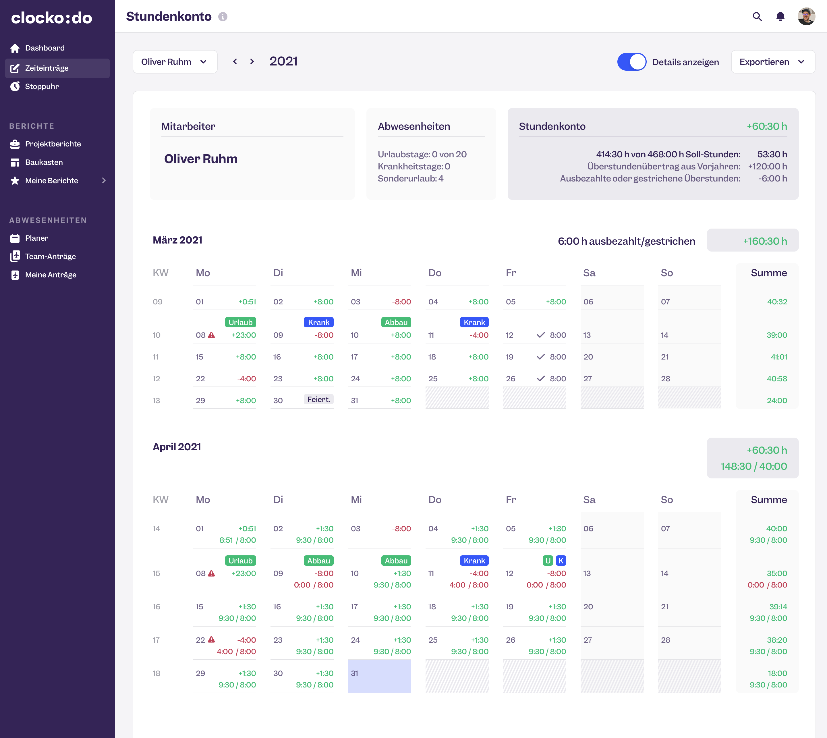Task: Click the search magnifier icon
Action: coord(757,17)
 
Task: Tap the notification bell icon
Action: coord(780,17)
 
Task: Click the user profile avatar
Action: coord(806,17)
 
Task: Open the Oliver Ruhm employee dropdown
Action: coord(175,62)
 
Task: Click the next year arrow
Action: coord(252,62)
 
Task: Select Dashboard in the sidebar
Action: coord(45,48)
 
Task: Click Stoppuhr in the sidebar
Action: coord(42,86)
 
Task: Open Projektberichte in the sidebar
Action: coord(53,144)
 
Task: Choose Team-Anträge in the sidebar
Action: coord(50,256)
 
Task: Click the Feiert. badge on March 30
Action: coord(319,399)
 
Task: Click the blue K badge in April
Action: coord(561,561)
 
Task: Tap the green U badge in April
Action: coord(548,561)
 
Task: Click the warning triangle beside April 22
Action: coord(211,640)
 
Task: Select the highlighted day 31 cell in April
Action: coord(379,676)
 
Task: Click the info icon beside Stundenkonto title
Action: coord(223,17)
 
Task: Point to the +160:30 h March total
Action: coord(765,241)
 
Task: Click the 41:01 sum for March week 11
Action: coord(778,357)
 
